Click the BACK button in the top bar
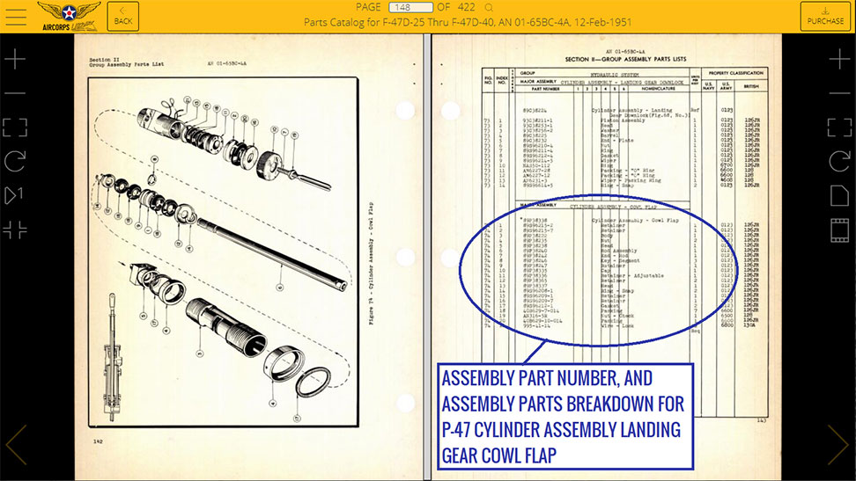pyautogui.click(x=122, y=16)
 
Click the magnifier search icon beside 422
pyautogui.click(x=490, y=8)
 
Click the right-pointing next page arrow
pyautogui.click(x=838, y=445)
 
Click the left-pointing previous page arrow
pyautogui.click(x=17, y=445)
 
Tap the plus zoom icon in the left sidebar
pyautogui.click(x=15, y=60)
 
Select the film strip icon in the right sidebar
pyautogui.click(x=839, y=230)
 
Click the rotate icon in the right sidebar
pyautogui.click(x=839, y=161)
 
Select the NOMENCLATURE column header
pyautogui.click(x=646, y=89)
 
